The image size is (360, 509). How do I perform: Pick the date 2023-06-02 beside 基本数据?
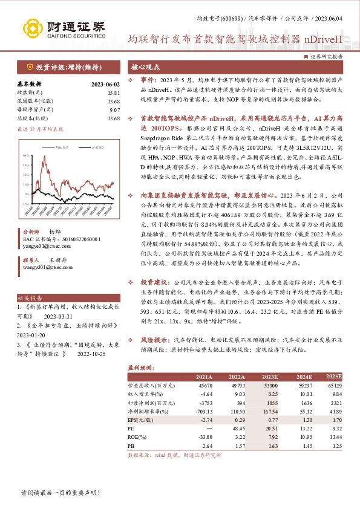(x=105, y=85)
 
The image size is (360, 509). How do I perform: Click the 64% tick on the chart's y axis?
(x=26, y=155)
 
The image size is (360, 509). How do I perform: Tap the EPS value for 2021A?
(x=204, y=418)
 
